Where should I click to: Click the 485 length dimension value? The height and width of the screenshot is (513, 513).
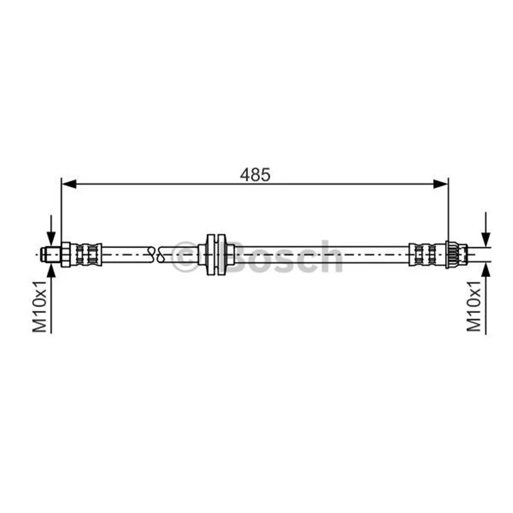point(255,174)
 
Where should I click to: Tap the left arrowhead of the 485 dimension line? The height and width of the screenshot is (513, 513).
point(69,184)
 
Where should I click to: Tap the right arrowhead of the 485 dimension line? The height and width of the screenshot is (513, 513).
point(441,184)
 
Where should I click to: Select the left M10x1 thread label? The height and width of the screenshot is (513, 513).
point(40,307)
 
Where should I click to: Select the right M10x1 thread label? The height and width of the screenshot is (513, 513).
point(474,307)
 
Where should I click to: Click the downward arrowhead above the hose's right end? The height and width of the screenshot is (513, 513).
point(486,239)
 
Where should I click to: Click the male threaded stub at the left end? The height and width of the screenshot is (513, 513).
point(51,254)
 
